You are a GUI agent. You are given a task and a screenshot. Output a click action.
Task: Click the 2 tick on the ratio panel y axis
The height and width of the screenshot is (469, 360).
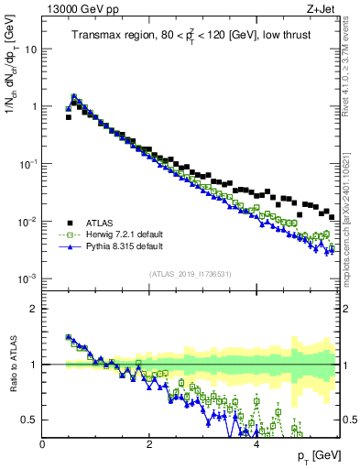click(35, 309)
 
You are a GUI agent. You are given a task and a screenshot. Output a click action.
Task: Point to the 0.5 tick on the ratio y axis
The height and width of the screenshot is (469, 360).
click(30, 420)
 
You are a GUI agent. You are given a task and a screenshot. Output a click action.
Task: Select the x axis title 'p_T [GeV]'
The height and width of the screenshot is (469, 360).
click(316, 455)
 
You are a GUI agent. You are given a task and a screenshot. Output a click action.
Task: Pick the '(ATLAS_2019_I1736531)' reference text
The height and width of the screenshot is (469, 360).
click(191, 274)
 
